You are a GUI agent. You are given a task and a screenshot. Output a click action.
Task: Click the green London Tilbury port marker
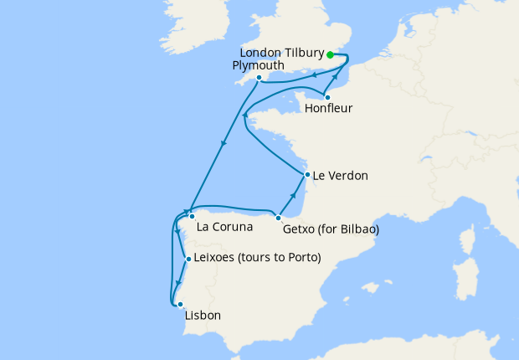pos(331,54)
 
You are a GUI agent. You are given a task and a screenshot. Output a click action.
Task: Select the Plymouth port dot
pos(259,78)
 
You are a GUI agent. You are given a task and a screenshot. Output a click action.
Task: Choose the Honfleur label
pos(328,109)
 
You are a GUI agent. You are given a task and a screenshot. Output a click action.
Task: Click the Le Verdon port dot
pos(306,175)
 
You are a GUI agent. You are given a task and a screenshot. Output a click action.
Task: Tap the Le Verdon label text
pos(340,177)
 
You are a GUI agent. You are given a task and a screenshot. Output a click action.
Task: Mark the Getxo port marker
pos(278,218)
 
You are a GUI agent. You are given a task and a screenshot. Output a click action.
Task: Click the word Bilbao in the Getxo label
pos(359,229)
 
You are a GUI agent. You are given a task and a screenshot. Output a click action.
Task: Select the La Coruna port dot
pos(192,216)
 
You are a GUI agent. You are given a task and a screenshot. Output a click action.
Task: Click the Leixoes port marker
pos(188,260)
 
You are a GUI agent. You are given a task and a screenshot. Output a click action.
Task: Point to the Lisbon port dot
pos(179,305)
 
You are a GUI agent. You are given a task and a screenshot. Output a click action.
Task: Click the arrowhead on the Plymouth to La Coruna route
pos(224,144)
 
